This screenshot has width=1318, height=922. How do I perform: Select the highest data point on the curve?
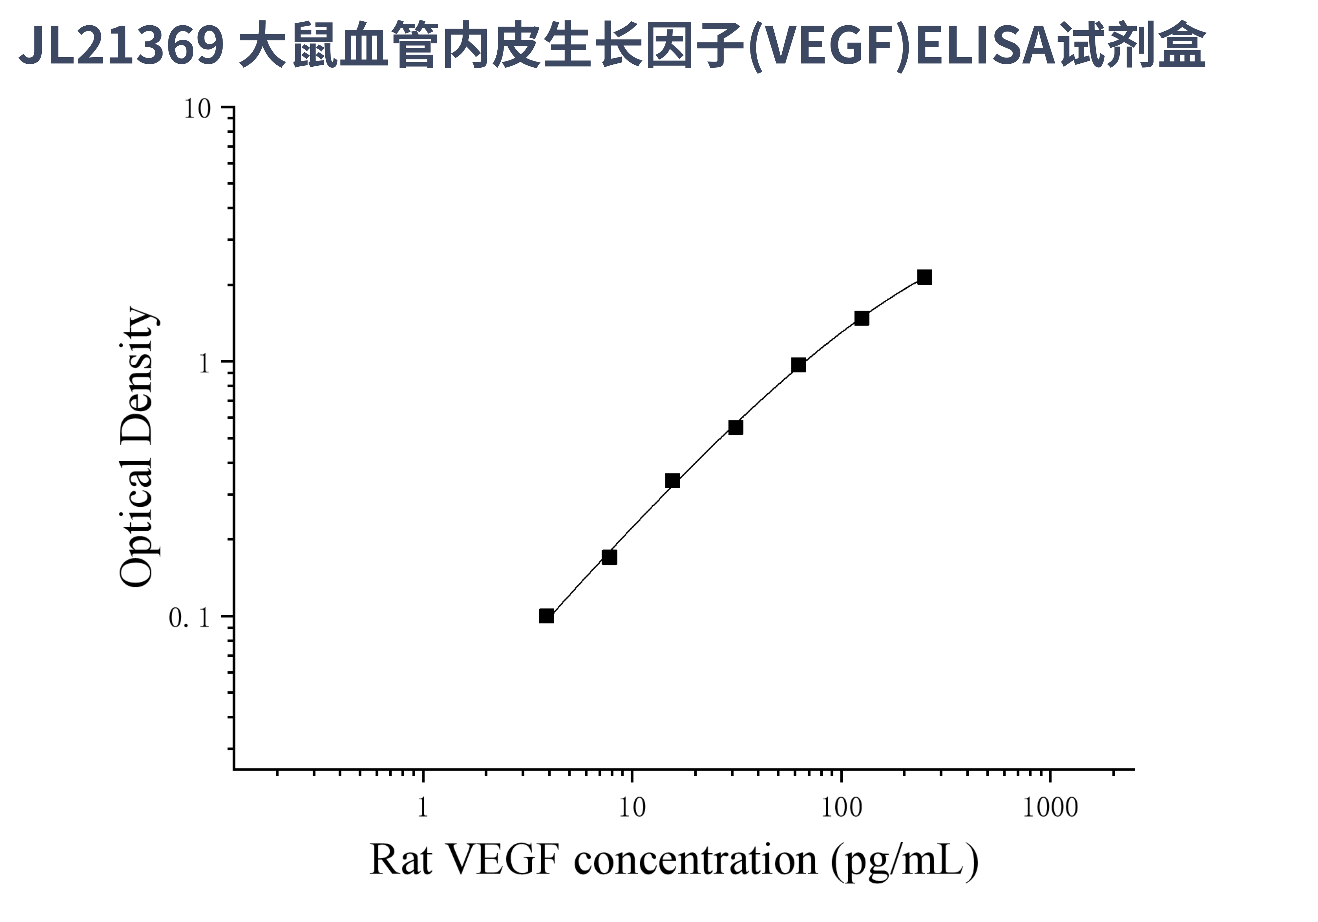tap(924, 277)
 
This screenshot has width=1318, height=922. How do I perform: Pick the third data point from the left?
tap(672, 481)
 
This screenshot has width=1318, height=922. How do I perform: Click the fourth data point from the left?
tap(735, 427)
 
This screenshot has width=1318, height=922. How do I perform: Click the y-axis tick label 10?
tap(198, 108)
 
